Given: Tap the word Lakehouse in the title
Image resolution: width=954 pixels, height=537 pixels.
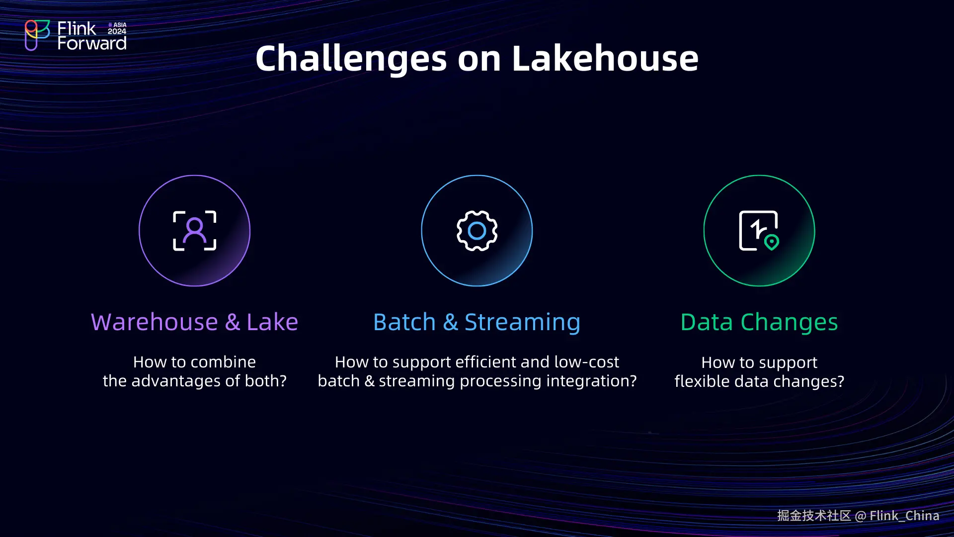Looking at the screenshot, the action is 605,58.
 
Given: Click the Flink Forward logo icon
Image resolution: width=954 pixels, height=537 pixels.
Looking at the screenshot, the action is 37,35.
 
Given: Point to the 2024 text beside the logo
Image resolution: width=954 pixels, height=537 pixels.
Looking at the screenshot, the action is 117,31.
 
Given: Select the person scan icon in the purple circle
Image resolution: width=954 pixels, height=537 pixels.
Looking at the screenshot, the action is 194,231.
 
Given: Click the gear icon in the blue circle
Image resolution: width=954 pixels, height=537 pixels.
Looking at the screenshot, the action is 477,231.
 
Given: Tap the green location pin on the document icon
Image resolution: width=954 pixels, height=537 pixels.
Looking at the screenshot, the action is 772,243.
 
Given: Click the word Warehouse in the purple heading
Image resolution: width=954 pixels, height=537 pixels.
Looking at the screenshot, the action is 155,322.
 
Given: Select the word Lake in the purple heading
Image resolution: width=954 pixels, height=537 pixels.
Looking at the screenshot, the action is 272,322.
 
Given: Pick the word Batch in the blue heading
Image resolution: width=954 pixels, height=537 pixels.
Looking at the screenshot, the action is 404,322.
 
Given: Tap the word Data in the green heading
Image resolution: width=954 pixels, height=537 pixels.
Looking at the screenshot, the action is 707,322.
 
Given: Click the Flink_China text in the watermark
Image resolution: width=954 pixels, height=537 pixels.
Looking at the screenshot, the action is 904,516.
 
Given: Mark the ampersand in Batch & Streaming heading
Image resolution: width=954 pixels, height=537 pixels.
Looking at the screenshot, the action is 450,322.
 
